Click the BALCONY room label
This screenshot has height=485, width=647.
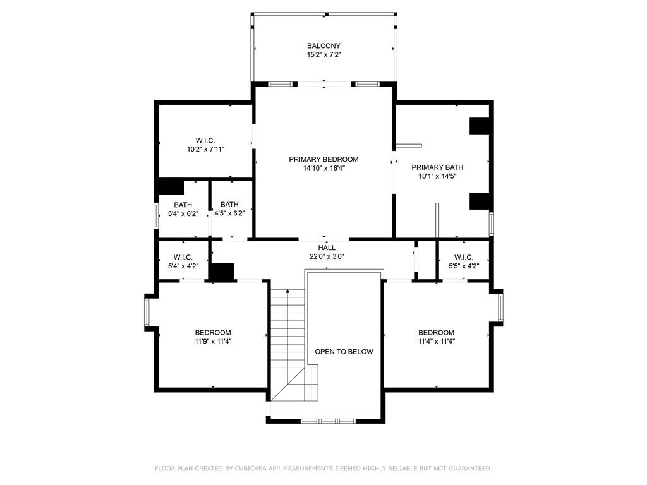(x=323, y=45)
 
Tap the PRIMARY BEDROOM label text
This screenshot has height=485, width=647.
(x=323, y=159)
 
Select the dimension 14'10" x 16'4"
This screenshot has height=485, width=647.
(x=324, y=168)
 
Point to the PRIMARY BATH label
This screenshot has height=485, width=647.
(x=437, y=167)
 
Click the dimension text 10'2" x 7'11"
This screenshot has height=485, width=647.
(x=205, y=149)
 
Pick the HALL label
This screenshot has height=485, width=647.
(x=327, y=248)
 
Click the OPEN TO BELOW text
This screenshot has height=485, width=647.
(x=344, y=352)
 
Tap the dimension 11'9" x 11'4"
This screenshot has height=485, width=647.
(x=213, y=342)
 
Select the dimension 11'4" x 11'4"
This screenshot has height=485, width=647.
(x=437, y=342)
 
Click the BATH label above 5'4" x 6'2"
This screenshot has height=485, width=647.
(x=183, y=205)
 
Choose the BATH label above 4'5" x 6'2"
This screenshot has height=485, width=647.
(x=229, y=205)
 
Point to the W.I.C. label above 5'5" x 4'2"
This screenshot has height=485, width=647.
(x=464, y=258)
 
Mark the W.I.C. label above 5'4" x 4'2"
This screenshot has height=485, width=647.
(x=183, y=258)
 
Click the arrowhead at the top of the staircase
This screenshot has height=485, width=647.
(x=287, y=292)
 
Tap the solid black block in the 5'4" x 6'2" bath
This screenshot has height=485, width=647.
(x=171, y=186)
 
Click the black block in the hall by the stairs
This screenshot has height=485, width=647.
(x=221, y=272)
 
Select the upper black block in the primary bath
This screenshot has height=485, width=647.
(x=480, y=126)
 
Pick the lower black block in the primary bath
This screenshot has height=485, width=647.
(x=480, y=201)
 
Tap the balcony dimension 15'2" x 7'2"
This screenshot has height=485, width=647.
(x=324, y=54)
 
